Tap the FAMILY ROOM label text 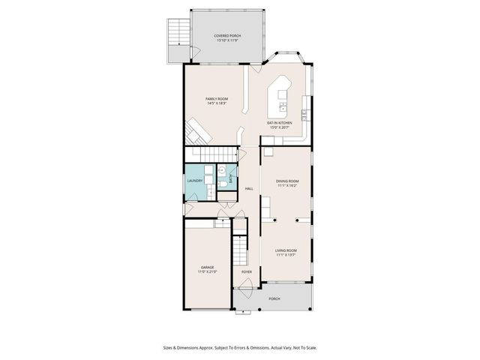pyautogui.click(x=217, y=99)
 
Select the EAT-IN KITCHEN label pyautogui.click(x=280, y=122)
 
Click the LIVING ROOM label pyautogui.click(x=286, y=250)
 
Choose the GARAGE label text pyautogui.click(x=207, y=267)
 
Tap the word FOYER pyautogui.click(x=246, y=271)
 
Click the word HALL pyautogui.click(x=249, y=188)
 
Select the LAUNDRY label pyautogui.click(x=195, y=180)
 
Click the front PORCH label pyautogui.click(x=274, y=298)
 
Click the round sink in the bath pyautogui.click(x=223, y=172)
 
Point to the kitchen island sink pyautogui.click(x=282, y=96)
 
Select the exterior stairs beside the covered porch pyautogui.click(x=178, y=32)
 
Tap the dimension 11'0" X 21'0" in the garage pyautogui.click(x=207, y=272)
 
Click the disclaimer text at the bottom pyautogui.click(x=239, y=347)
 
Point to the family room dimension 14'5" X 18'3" pyautogui.click(x=217, y=103)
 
